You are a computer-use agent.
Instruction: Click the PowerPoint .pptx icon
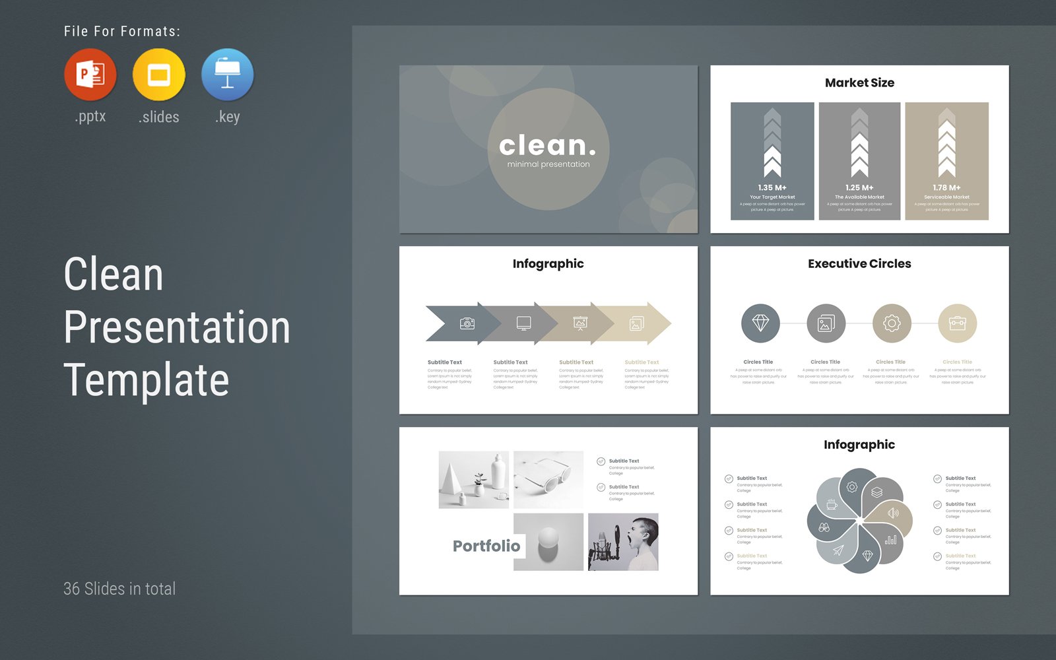pos(90,74)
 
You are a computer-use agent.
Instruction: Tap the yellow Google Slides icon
pos(158,74)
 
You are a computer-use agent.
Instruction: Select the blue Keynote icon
pos(227,74)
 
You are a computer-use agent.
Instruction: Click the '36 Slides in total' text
pos(119,589)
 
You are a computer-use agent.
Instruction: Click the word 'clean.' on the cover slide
pos(547,145)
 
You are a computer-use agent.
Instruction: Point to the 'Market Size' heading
pos(859,82)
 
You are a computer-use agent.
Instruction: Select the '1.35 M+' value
pos(772,187)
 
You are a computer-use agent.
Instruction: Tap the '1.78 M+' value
pos(946,187)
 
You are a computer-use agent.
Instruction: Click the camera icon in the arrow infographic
pos(467,323)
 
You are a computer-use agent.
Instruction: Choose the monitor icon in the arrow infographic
pos(523,323)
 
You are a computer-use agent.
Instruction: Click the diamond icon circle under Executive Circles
pos(760,323)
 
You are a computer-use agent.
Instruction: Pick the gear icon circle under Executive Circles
pos(892,323)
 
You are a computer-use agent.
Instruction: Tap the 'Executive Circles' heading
pos(859,263)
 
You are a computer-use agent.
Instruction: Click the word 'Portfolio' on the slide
pos(486,546)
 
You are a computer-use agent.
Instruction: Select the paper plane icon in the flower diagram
pos(838,550)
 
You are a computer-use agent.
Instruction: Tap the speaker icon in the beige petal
pos(893,513)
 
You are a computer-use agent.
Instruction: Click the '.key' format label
pos(228,117)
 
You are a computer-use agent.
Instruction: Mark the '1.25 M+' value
pos(859,187)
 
